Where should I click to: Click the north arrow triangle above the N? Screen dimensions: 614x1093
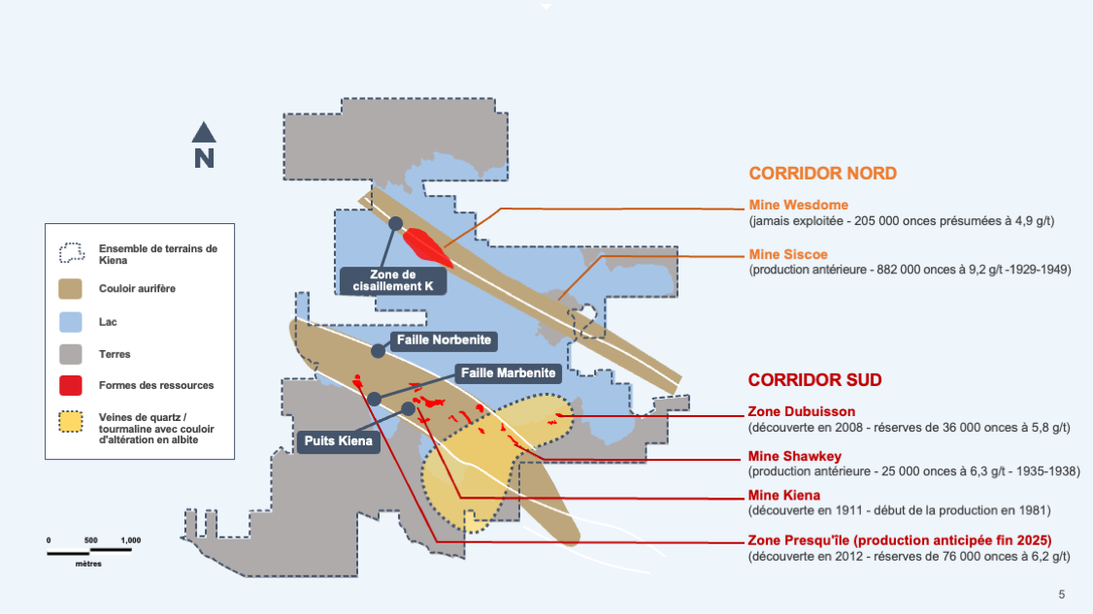204,132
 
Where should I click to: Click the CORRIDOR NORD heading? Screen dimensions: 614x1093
822,174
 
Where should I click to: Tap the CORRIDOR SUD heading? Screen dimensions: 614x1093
814,379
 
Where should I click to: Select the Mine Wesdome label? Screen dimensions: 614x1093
799,205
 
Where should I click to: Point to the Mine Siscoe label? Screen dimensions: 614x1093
788,254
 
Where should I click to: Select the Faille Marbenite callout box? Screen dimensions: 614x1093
508,372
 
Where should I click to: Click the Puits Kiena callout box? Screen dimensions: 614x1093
337,440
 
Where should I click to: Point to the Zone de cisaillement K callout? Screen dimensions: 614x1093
393,279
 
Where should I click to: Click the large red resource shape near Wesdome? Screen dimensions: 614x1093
427,244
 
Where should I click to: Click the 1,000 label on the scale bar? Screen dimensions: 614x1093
130,540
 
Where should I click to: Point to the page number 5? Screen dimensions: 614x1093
1061,594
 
